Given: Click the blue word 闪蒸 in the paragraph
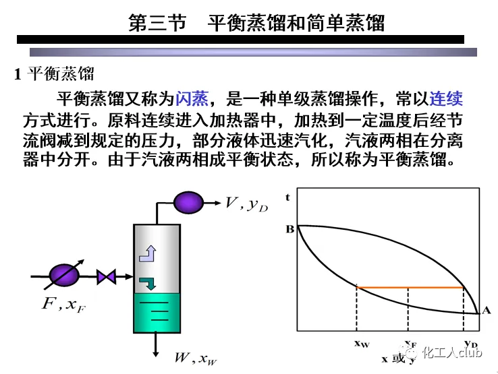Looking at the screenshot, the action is [192, 100].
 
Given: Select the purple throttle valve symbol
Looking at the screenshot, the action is [106, 276].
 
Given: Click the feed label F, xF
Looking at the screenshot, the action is [63, 305].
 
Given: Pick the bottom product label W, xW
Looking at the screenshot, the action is [196, 358].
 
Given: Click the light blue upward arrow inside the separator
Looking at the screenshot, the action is [147, 253].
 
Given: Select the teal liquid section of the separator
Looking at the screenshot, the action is [157, 313].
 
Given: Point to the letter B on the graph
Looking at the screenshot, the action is [289, 228].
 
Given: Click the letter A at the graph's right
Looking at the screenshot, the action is [487, 311].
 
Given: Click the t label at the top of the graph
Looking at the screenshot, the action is [288, 197].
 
